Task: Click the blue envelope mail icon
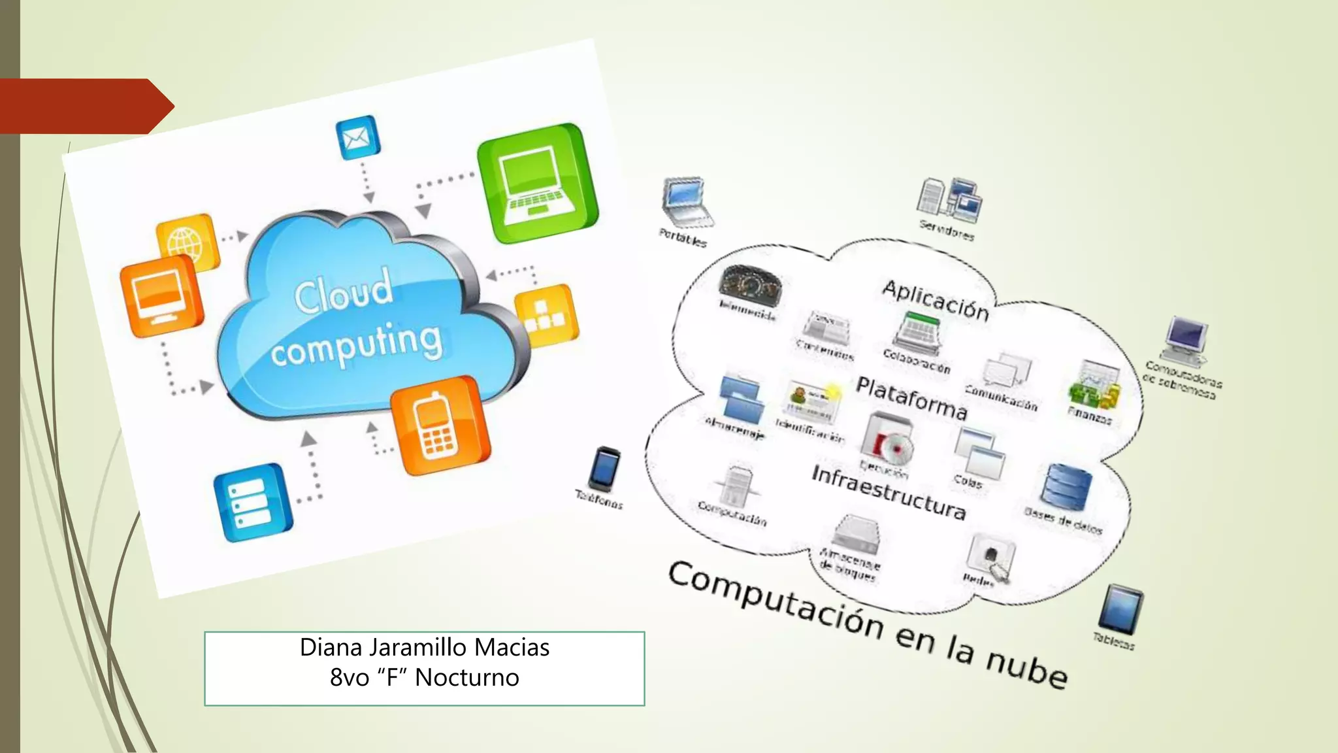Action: (357, 137)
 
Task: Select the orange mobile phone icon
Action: (438, 425)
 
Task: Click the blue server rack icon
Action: (252, 502)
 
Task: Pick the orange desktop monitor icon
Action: (159, 295)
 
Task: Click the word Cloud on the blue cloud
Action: (344, 292)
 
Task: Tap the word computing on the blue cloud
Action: (357, 345)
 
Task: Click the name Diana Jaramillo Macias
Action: (425, 647)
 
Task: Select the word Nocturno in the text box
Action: (466, 678)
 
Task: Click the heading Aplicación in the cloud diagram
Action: (935, 300)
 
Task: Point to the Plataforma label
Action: (911, 398)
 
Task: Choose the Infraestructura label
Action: (889, 492)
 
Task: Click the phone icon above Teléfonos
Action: (605, 469)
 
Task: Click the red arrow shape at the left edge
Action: (85, 106)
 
